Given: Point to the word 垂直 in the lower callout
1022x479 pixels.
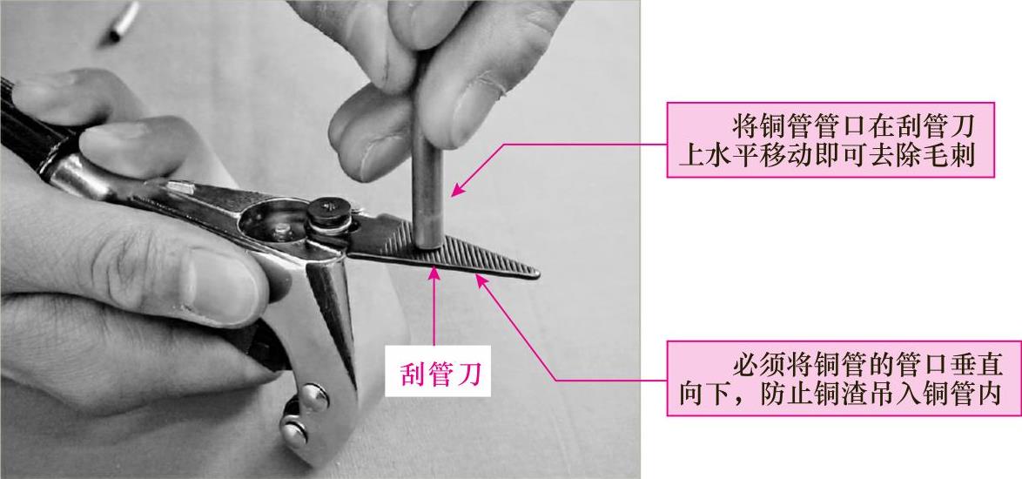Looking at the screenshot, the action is [973, 364].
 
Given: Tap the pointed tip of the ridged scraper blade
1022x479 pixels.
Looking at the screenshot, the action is [538, 273].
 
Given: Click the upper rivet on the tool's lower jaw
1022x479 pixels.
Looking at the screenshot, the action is [313, 396].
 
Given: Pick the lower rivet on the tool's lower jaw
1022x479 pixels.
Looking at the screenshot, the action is [294, 429].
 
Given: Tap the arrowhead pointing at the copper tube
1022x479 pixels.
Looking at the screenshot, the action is [459, 188].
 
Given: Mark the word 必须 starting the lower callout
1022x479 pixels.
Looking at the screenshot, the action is [759, 364].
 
